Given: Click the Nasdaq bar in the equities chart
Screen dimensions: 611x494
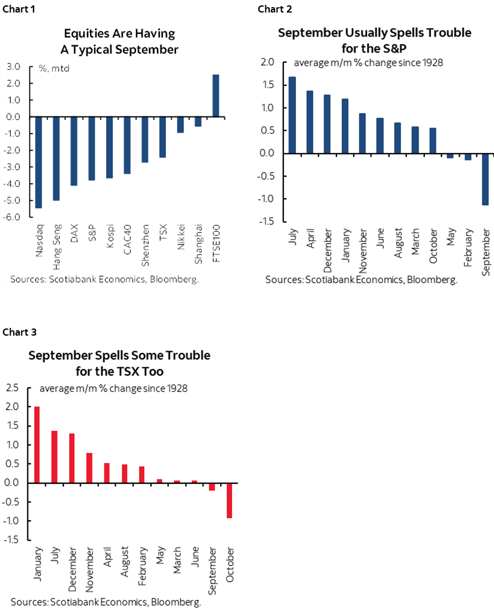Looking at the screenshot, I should coord(39,162).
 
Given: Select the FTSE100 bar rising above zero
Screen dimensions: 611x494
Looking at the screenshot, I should coord(215,96).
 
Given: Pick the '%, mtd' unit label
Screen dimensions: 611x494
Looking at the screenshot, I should coord(54,69).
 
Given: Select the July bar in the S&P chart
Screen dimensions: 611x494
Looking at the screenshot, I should coord(292,115).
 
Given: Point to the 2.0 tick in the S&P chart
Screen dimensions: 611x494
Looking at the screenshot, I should coord(267,62).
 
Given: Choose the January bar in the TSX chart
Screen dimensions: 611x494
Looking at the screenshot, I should coord(37,444).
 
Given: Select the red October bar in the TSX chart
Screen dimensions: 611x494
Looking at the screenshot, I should coord(230,500).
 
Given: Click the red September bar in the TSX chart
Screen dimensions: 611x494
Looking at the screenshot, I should coord(212,486).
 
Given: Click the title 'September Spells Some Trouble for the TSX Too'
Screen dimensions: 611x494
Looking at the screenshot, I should coord(119,363).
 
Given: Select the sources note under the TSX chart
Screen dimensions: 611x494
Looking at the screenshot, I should coord(106,602).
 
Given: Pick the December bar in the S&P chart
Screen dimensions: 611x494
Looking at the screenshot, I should coord(327,124).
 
